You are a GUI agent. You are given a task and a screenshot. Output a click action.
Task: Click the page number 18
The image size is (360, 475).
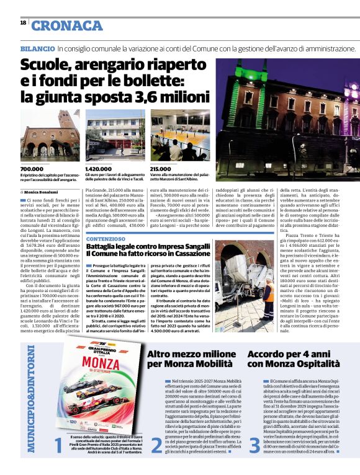[x=22, y=22]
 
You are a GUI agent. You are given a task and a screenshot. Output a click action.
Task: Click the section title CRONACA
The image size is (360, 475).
[x=66, y=25]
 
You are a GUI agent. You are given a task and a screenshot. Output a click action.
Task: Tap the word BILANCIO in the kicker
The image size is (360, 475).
[x=37, y=48]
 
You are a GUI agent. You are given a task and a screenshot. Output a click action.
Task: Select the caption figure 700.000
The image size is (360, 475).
[x=32, y=169]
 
